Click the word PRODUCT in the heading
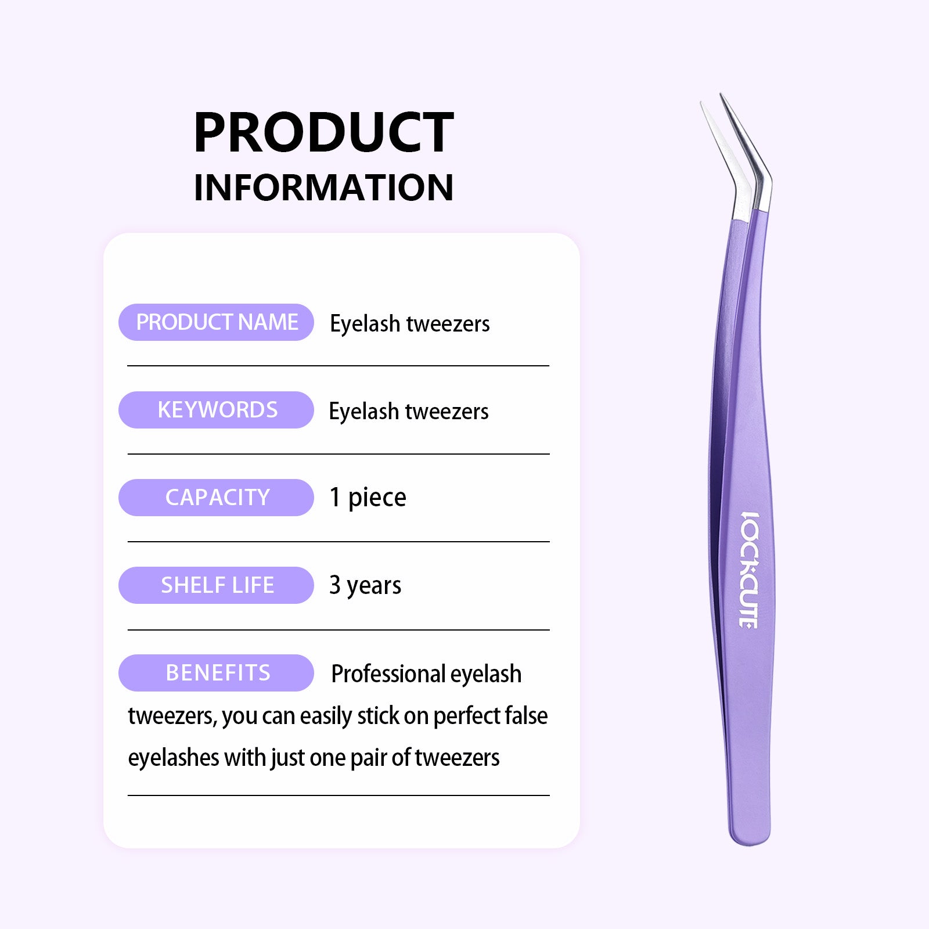click(x=323, y=132)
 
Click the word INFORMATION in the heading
click(x=323, y=188)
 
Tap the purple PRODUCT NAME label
click(x=216, y=322)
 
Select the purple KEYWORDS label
click(x=216, y=410)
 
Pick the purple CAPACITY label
click(x=216, y=498)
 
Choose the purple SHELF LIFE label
click(x=216, y=585)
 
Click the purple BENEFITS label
click(x=216, y=673)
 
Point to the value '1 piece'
click(x=368, y=498)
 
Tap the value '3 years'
click(x=365, y=586)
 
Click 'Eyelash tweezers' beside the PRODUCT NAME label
click(x=410, y=324)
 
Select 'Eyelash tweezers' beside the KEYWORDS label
click(x=409, y=412)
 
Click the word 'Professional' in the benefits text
click(x=388, y=674)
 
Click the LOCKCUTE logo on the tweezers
click(x=750, y=570)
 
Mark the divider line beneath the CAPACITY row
click(x=339, y=542)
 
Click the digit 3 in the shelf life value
click(x=335, y=585)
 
